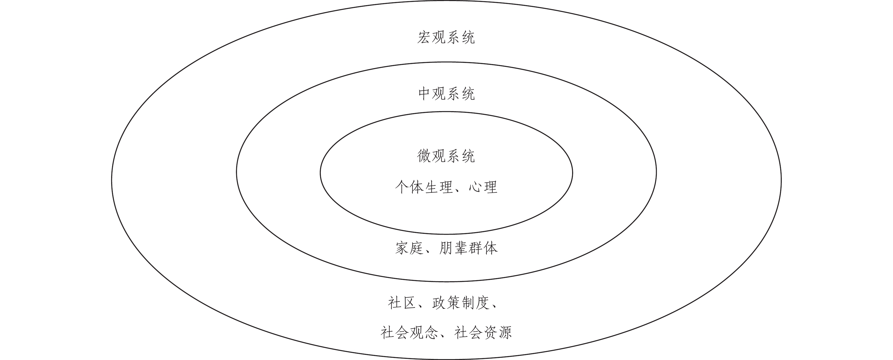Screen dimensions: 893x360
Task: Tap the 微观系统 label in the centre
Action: point(446,156)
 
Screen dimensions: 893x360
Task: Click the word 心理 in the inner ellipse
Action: point(483,187)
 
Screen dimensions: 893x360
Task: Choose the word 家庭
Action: point(409,248)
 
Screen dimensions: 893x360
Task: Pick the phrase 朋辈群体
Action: point(468,248)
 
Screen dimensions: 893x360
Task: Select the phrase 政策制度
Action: point(461,303)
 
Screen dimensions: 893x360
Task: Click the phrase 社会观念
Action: point(409,333)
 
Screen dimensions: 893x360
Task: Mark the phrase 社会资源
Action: point(483,333)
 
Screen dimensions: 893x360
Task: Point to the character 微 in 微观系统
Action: point(424,156)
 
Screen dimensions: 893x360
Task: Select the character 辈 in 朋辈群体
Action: point(461,248)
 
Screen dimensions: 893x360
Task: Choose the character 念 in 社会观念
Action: point(431,333)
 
